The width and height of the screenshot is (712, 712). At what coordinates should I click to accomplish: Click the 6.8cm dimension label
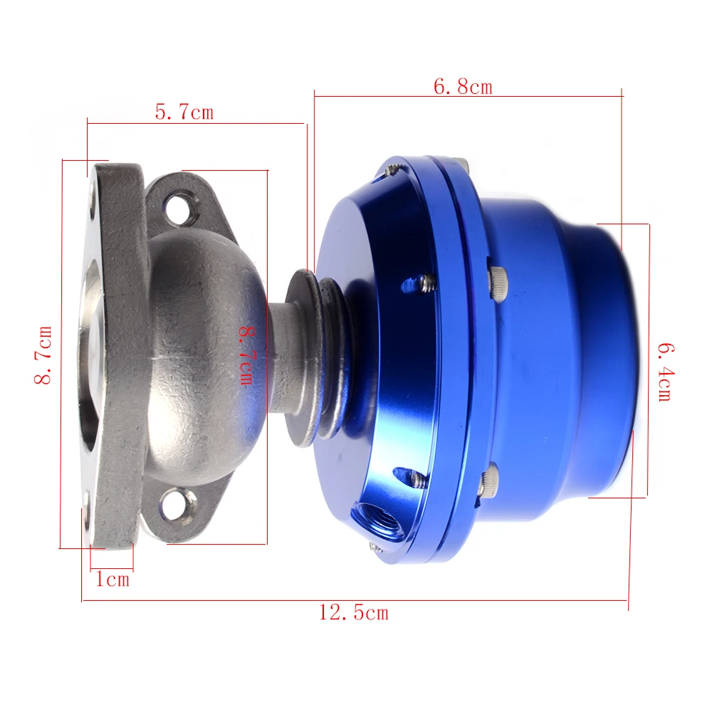(x=463, y=86)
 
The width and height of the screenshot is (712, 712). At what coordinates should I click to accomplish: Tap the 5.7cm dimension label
(x=184, y=112)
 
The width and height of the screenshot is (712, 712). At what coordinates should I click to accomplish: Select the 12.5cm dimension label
(x=353, y=612)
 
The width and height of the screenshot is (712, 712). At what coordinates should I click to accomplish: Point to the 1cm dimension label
(x=112, y=579)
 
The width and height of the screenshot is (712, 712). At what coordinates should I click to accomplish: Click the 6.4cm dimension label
(x=666, y=372)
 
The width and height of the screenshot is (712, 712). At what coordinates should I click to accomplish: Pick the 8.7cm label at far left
(x=43, y=355)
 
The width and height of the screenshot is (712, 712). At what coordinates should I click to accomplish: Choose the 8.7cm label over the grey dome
(x=246, y=356)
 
